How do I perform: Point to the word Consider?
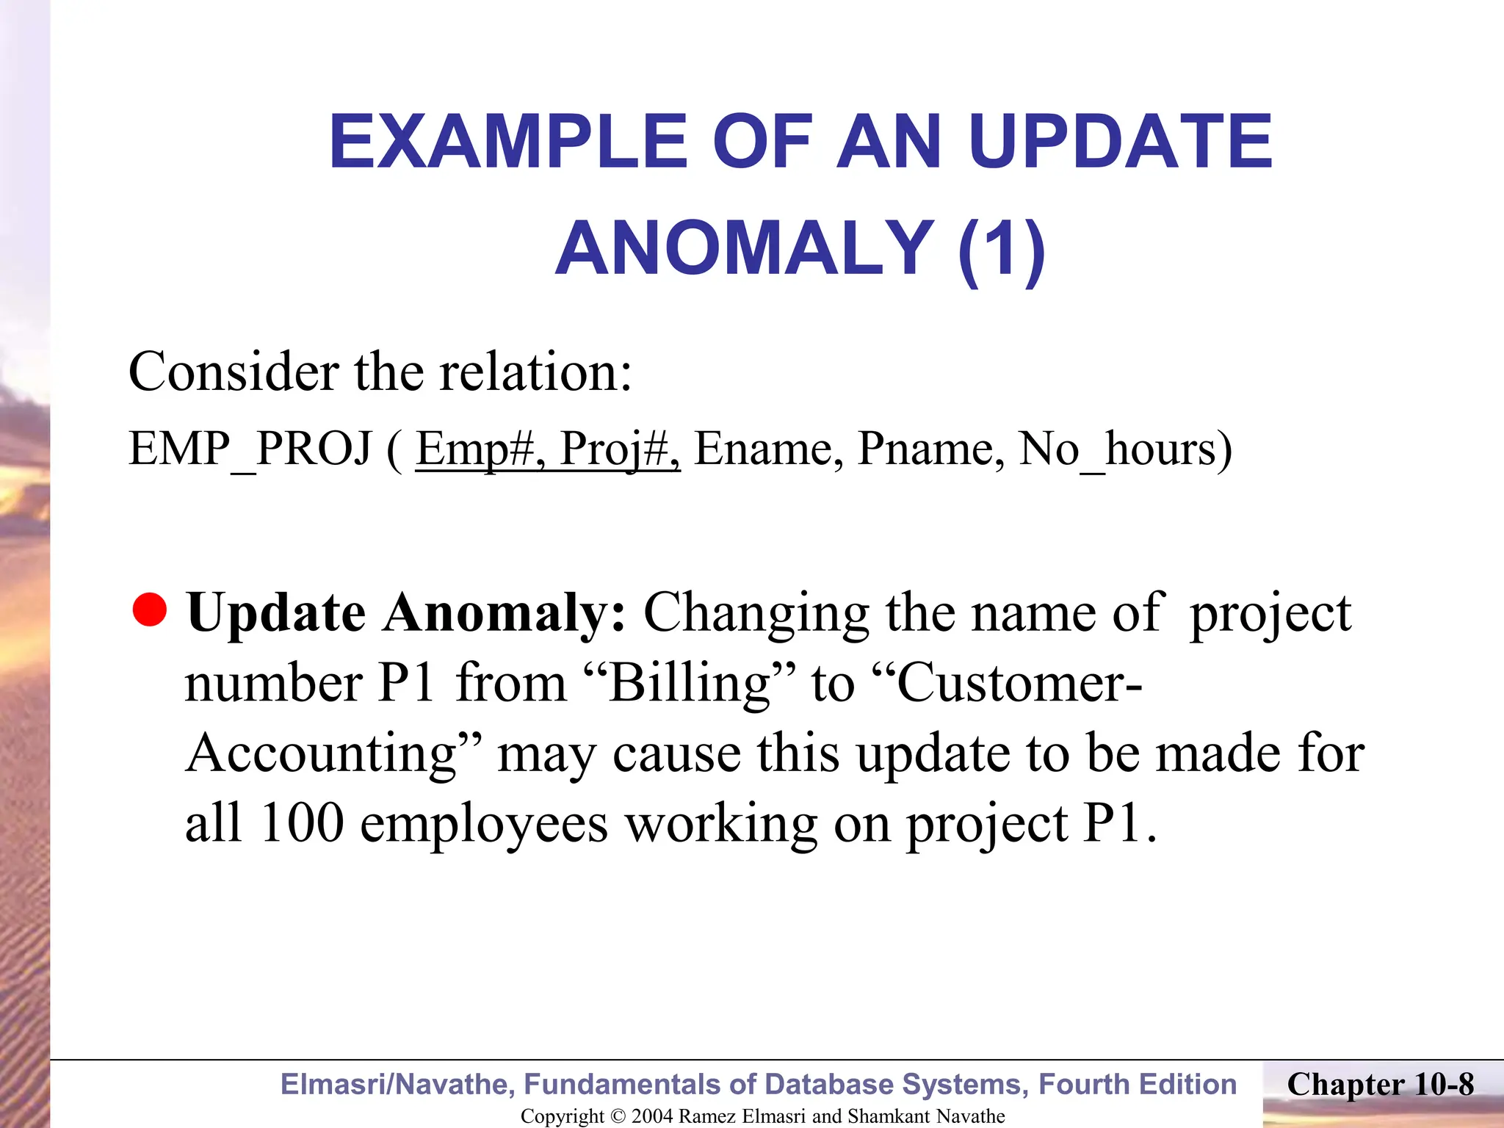(x=234, y=372)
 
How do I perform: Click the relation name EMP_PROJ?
(x=250, y=448)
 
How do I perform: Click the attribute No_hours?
(x=1124, y=448)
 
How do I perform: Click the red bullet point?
(x=151, y=611)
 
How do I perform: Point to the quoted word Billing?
(x=691, y=683)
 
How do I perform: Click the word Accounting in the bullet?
(x=323, y=753)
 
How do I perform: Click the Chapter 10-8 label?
(x=1380, y=1085)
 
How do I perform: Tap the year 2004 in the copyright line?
(x=651, y=1116)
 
